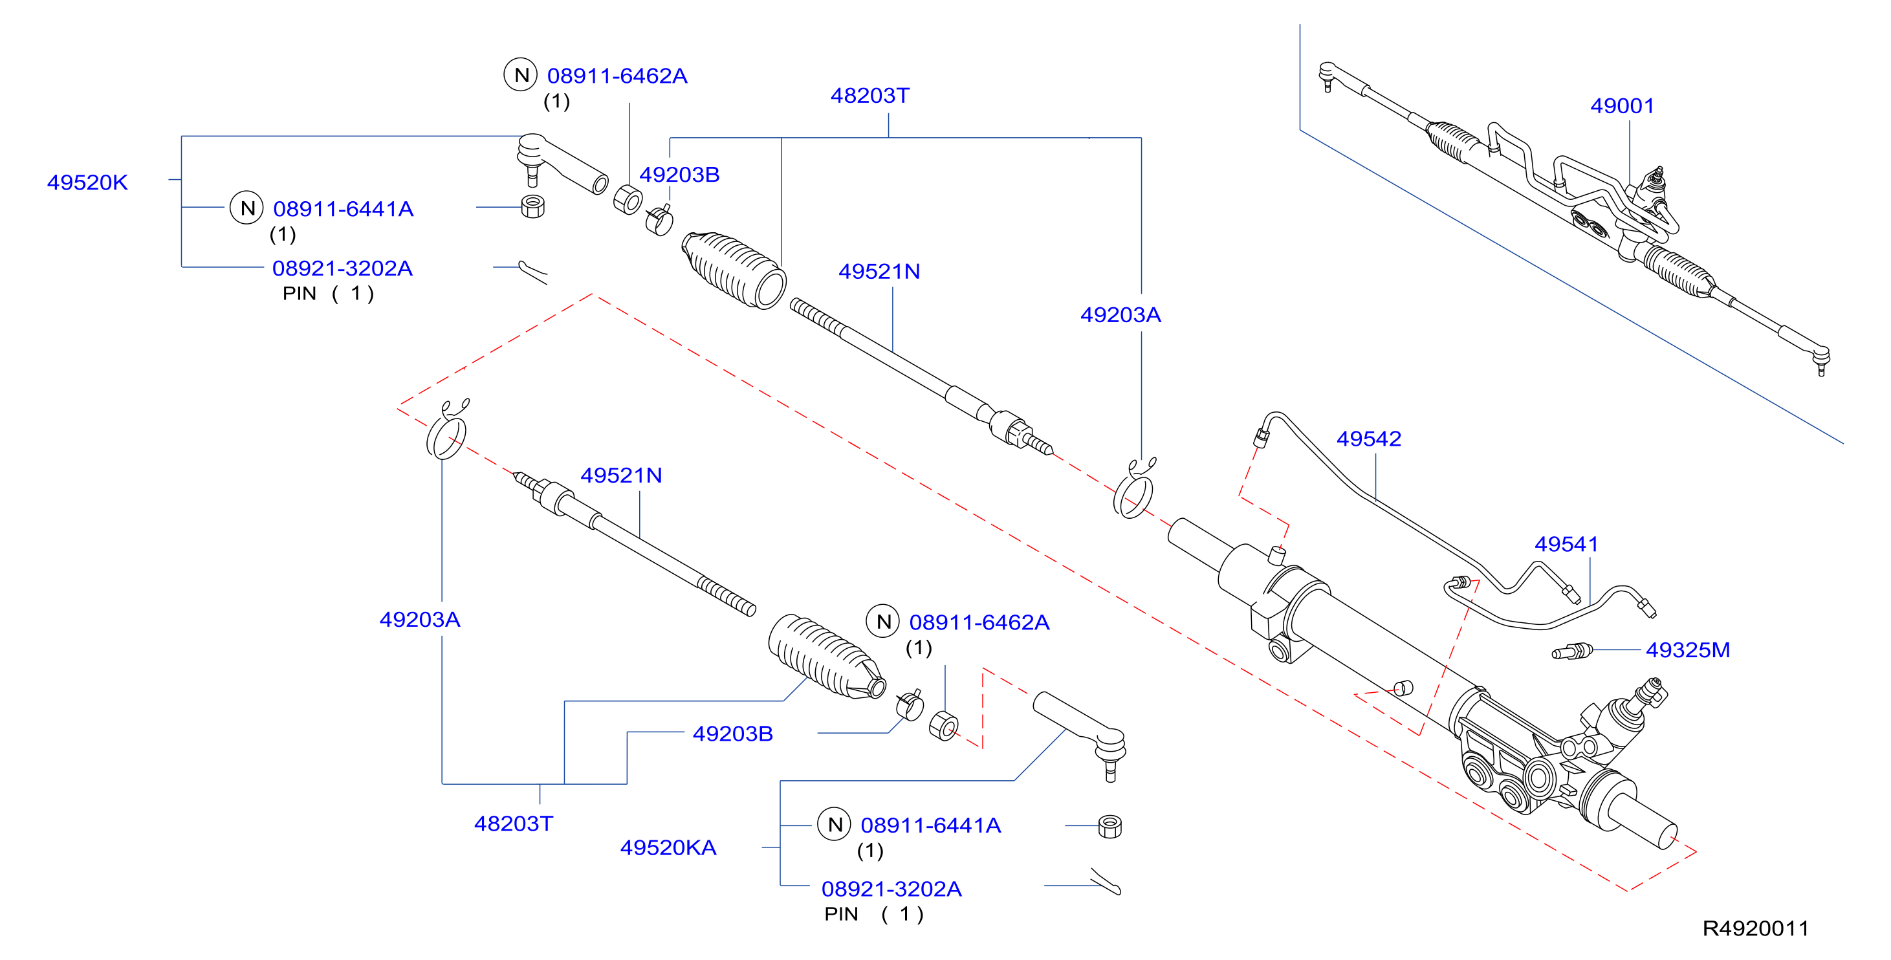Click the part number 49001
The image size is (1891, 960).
coord(1622,105)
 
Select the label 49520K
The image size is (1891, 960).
coord(87,182)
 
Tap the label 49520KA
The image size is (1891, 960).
coord(668,847)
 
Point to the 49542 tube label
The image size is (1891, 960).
coord(1368,439)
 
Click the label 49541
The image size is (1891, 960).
coord(1566,544)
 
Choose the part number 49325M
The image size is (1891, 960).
coord(1688,649)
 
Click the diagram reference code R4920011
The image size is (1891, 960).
coord(1755,928)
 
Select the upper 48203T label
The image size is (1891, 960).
coord(870,95)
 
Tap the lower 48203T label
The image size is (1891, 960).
coord(513,824)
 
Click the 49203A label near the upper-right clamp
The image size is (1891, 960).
coord(1120,315)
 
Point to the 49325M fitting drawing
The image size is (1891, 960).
coord(1571,651)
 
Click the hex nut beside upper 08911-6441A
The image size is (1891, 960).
coord(532,206)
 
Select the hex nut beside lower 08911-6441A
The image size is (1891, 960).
coord(1110,827)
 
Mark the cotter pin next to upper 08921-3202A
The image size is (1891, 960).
coord(533,272)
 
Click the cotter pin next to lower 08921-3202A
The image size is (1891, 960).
coord(1106,882)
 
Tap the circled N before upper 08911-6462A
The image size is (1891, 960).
coord(521,75)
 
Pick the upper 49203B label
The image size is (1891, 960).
coord(679,175)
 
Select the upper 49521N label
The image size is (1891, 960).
coord(879,272)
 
